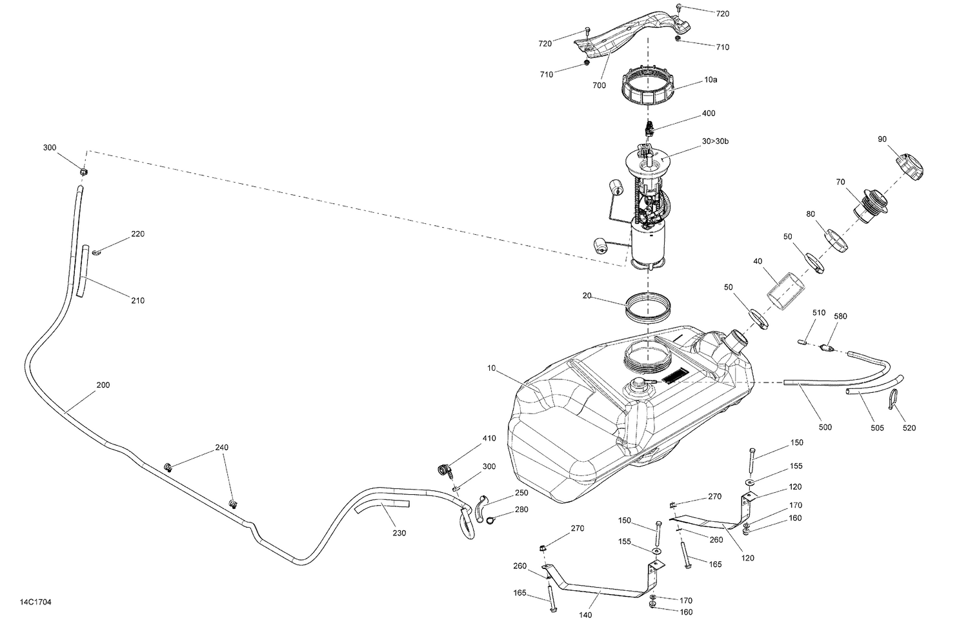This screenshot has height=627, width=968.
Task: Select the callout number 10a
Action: pyautogui.click(x=711, y=80)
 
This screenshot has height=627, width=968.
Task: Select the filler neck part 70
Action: pyautogui.click(x=871, y=205)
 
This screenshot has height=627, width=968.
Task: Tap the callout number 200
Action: pyautogui.click(x=103, y=385)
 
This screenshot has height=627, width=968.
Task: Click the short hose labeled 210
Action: pyautogui.click(x=82, y=271)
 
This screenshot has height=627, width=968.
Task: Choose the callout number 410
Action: pyautogui.click(x=489, y=439)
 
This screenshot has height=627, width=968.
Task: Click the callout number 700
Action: pyautogui.click(x=599, y=85)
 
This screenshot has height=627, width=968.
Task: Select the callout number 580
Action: pyautogui.click(x=840, y=317)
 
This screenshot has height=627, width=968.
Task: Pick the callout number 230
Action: pyautogui.click(x=398, y=533)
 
